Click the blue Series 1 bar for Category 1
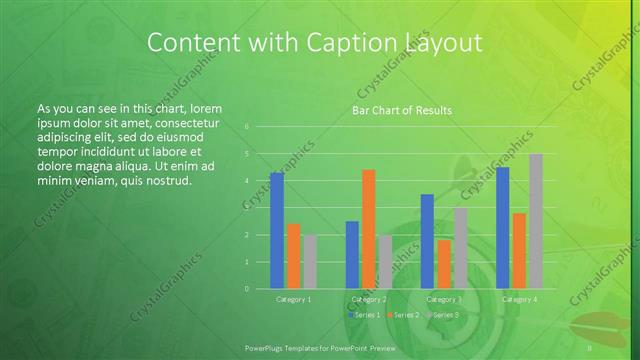coord(277,230)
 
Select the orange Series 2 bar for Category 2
coord(368,229)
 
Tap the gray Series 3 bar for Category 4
coord(536,221)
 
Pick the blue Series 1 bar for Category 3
coord(427,241)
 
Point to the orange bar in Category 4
coord(519,250)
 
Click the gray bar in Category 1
coord(310,262)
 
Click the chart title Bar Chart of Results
coord(402,110)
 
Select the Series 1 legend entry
coord(364,314)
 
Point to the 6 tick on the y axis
coord(246,127)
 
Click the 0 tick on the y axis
coord(246,288)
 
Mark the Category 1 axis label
coord(293,299)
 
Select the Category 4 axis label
coord(519,299)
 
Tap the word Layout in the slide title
coord(438,43)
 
